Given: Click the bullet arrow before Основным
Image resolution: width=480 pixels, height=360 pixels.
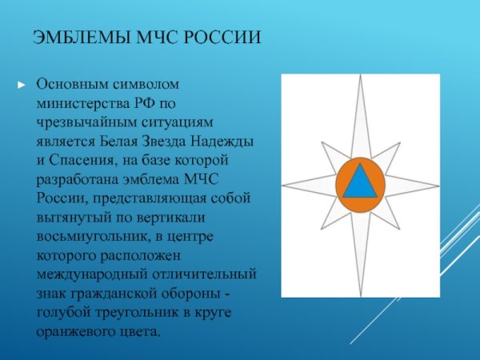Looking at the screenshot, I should coord(22,83).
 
